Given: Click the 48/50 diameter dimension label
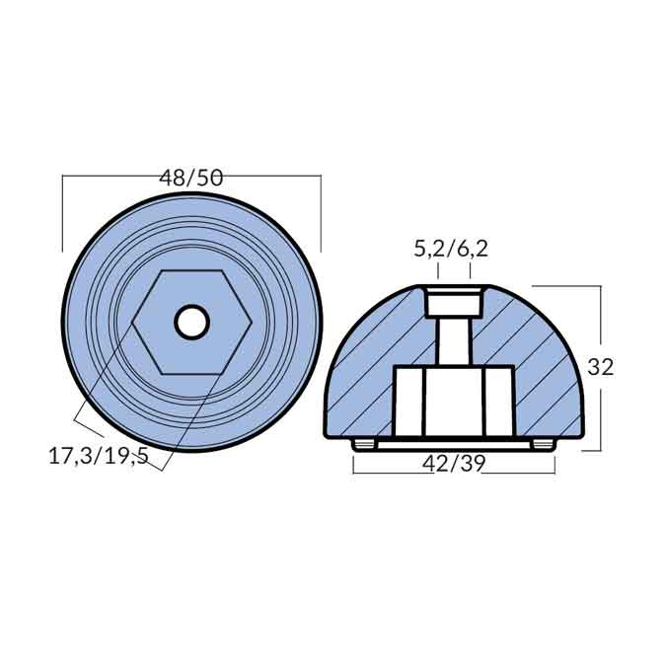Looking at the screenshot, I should click(x=191, y=178).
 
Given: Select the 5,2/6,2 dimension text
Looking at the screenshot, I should click(x=451, y=249).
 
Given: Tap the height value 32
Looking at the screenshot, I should click(x=600, y=367).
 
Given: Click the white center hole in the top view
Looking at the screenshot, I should click(x=191, y=322).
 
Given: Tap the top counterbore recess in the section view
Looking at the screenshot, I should click(x=453, y=300).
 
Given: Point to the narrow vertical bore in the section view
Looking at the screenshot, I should click(x=453, y=340).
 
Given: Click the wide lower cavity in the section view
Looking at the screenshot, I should click(x=453, y=400).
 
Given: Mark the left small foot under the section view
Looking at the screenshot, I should click(x=364, y=444).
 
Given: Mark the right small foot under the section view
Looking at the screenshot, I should click(x=542, y=444).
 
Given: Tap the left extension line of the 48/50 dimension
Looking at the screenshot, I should click(x=62, y=212).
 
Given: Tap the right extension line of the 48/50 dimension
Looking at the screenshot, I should click(x=321, y=212).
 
